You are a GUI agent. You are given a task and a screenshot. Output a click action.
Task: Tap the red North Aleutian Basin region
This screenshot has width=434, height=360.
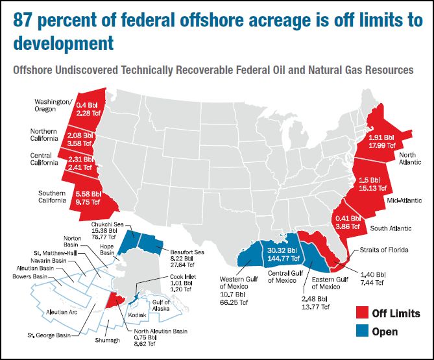pos(113,299)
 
